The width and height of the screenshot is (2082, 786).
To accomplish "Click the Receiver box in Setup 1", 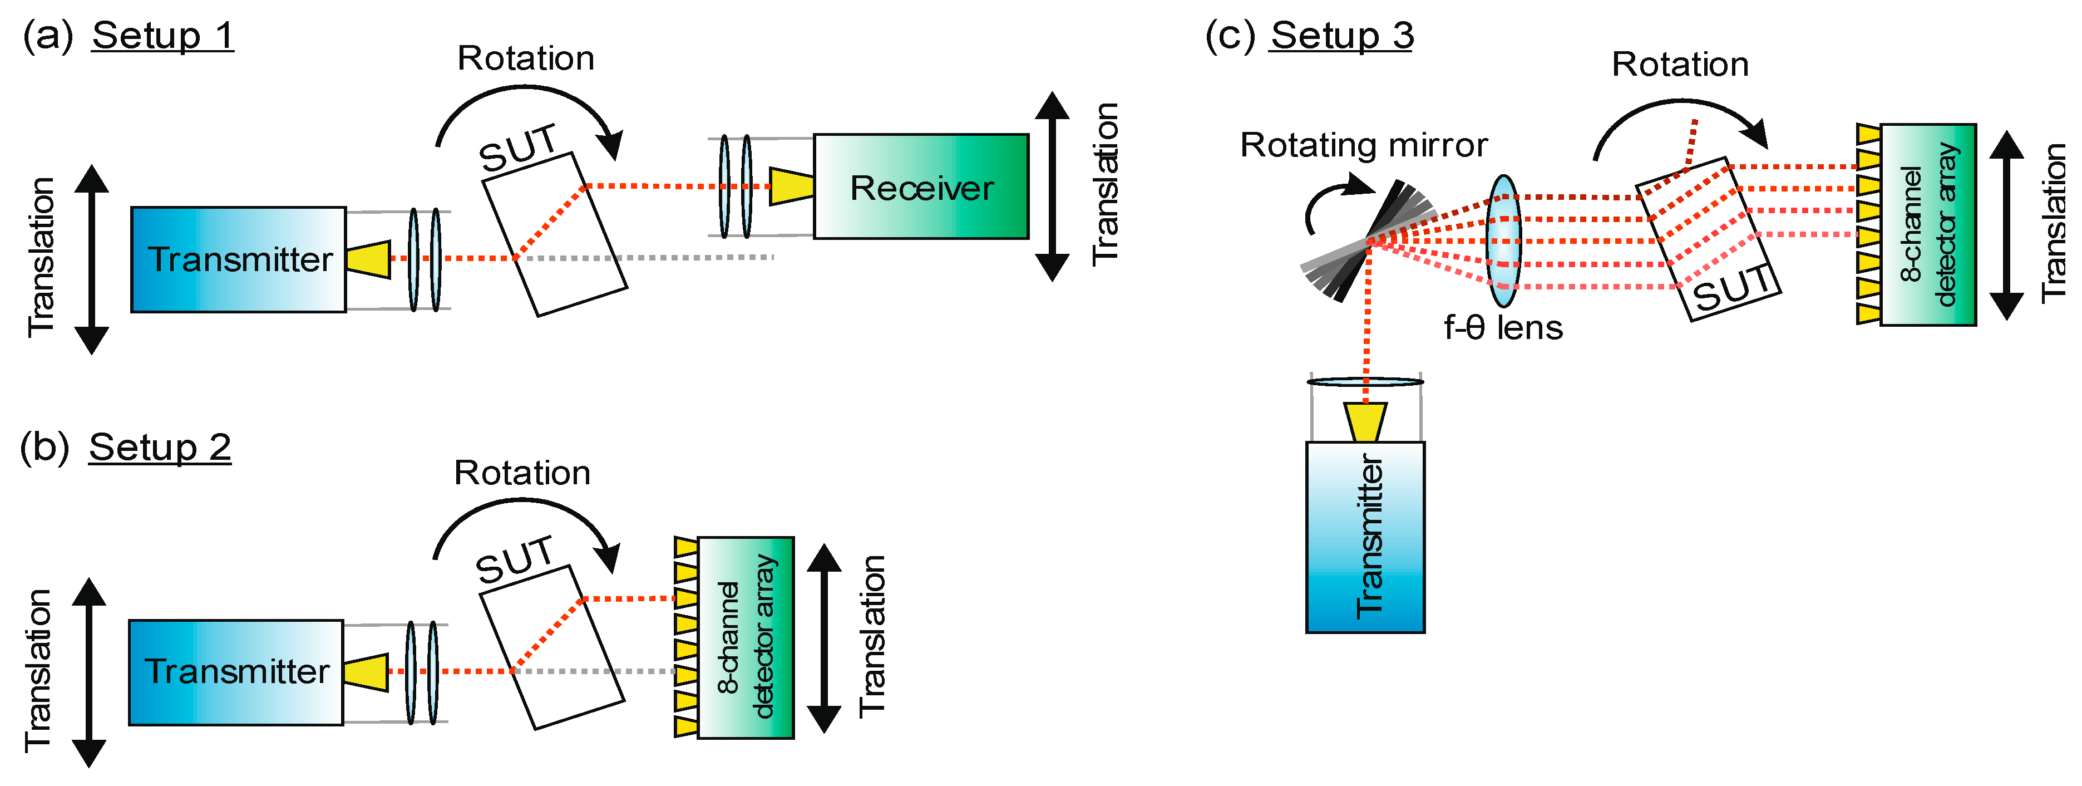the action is pos(921,187).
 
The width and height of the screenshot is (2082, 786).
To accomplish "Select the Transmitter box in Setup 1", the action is pos(239,259).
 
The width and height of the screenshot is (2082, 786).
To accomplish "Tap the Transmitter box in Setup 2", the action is pos(236,672).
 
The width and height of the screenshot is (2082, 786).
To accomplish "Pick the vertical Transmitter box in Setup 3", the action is pos(1365,537).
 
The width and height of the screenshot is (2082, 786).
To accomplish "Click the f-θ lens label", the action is pos(1503,327).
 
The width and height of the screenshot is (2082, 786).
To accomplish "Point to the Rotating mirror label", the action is pos(1364,145).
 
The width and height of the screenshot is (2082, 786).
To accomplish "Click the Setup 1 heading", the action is pos(162,36).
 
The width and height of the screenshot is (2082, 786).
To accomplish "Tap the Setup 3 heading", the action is pos(1341,36).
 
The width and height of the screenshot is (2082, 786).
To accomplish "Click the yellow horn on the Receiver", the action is pos(791,186).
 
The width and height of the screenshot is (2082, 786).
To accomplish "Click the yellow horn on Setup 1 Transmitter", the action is pos(368,259).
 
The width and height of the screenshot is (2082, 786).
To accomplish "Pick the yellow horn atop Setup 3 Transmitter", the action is pos(1366,422).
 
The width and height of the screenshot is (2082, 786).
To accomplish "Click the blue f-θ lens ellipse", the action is pos(1503,241).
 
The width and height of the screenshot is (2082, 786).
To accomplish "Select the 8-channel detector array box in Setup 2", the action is pos(745,637).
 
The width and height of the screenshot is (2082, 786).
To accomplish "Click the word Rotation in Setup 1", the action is pos(526,58).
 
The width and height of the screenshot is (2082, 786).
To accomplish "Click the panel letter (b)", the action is pos(45,447).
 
